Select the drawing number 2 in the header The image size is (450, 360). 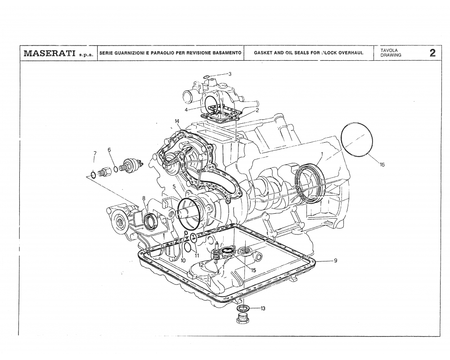(x=432, y=53)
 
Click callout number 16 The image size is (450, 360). (x=382, y=165)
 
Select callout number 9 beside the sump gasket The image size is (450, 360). (x=336, y=261)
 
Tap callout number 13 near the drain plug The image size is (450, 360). (x=262, y=308)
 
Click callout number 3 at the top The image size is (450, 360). (x=229, y=74)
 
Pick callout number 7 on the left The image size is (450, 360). (x=94, y=153)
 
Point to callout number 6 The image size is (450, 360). (x=109, y=149)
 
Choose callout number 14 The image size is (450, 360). (x=177, y=121)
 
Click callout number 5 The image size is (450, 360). (x=174, y=186)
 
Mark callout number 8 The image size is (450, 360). (x=144, y=198)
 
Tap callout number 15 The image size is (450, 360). (x=254, y=270)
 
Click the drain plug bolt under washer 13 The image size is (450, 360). (x=243, y=320)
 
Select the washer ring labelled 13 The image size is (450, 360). (x=243, y=308)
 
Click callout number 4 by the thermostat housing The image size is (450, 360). (x=186, y=109)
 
